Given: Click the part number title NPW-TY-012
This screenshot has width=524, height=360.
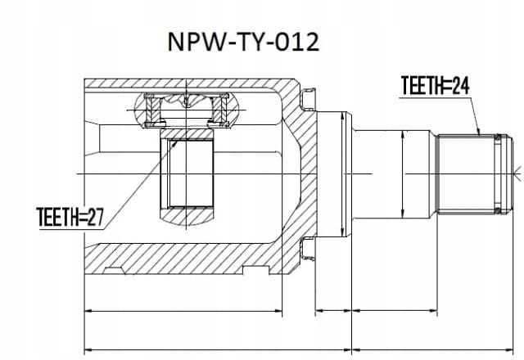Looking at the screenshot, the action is tap(243, 42).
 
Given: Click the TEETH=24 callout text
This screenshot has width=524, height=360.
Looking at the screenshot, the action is tap(435, 85).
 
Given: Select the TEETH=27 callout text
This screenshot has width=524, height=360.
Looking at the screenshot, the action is tap(70, 217).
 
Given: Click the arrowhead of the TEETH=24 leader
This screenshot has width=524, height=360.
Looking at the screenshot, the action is tap(478, 133).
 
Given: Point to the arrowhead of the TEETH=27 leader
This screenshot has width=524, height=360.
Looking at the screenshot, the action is tap(174, 144).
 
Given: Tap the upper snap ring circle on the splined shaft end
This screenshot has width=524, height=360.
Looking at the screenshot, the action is tap(498, 137).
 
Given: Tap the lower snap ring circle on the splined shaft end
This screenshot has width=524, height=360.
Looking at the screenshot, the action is tap(498, 210).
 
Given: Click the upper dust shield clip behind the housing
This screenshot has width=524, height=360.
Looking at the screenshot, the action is tap(308, 99).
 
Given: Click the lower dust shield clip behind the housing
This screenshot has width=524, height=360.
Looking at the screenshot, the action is tap(308, 248).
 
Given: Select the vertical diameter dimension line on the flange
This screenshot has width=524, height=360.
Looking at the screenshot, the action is tap(342, 174).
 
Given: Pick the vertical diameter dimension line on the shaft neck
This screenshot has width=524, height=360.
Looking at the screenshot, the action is tap(402, 174).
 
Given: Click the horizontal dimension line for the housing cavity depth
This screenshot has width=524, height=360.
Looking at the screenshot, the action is tap(183, 311).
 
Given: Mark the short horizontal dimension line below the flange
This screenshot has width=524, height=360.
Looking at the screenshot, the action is tap(333, 311).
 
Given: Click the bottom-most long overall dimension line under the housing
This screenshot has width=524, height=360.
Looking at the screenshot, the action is tap(218, 350).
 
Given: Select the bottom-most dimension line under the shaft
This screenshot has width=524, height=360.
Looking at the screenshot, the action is tap(433, 350).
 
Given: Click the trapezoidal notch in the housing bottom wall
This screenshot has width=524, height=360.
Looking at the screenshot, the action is tap(114, 271).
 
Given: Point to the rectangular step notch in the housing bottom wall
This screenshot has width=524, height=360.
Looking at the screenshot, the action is tap(255, 270).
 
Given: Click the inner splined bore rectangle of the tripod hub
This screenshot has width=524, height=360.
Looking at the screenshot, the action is tap(191, 173).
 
